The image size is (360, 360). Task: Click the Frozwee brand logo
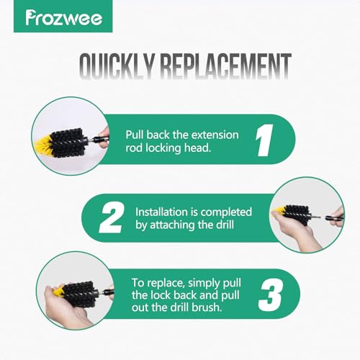click(63, 17)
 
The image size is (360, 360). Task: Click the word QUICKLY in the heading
click(116, 66)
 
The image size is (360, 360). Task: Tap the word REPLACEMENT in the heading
click(225, 66)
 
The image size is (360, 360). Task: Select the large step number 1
click(264, 140)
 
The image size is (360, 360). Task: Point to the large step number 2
click(112, 217)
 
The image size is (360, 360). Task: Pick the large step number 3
click(271, 295)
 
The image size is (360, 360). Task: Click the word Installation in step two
click(161, 212)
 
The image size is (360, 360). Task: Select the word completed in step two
click(226, 212)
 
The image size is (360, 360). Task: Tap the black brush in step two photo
click(297, 215)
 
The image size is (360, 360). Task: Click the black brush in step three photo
click(79, 293)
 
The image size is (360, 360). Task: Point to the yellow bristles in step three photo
click(60, 291)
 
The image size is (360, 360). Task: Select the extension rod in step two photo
click(333, 218)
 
